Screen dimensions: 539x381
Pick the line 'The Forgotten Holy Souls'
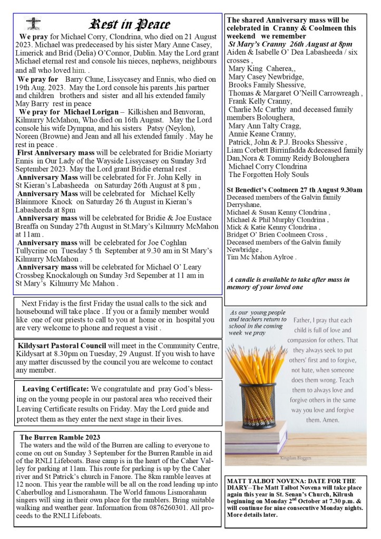tap(269, 175)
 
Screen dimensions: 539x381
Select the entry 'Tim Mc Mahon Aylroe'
tap(261, 258)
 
